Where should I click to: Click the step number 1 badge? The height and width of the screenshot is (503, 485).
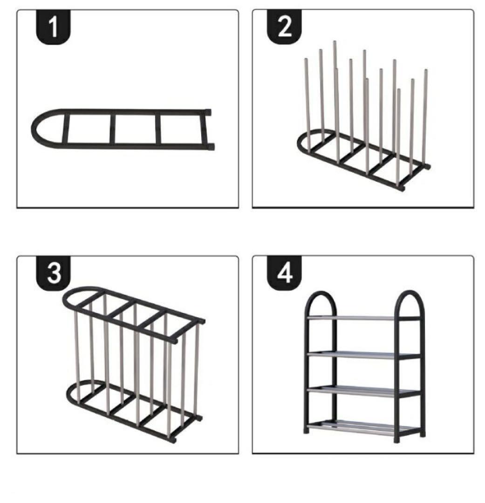pos(53,27)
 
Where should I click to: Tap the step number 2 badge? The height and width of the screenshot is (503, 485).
pos(284,27)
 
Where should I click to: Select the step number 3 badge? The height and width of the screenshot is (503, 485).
pos(53,273)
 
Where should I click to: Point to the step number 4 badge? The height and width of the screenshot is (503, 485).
pos(284,273)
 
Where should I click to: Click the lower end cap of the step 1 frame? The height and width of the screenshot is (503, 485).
pos(211,147)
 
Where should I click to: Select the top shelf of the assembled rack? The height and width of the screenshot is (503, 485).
pos(363,318)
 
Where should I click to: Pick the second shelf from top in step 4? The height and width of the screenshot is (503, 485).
pos(363,354)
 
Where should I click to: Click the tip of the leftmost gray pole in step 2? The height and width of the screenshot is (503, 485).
pos(306,59)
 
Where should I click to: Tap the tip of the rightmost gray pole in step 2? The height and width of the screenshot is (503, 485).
pos(426,70)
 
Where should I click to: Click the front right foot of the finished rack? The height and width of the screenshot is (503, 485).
pos(397,440)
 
